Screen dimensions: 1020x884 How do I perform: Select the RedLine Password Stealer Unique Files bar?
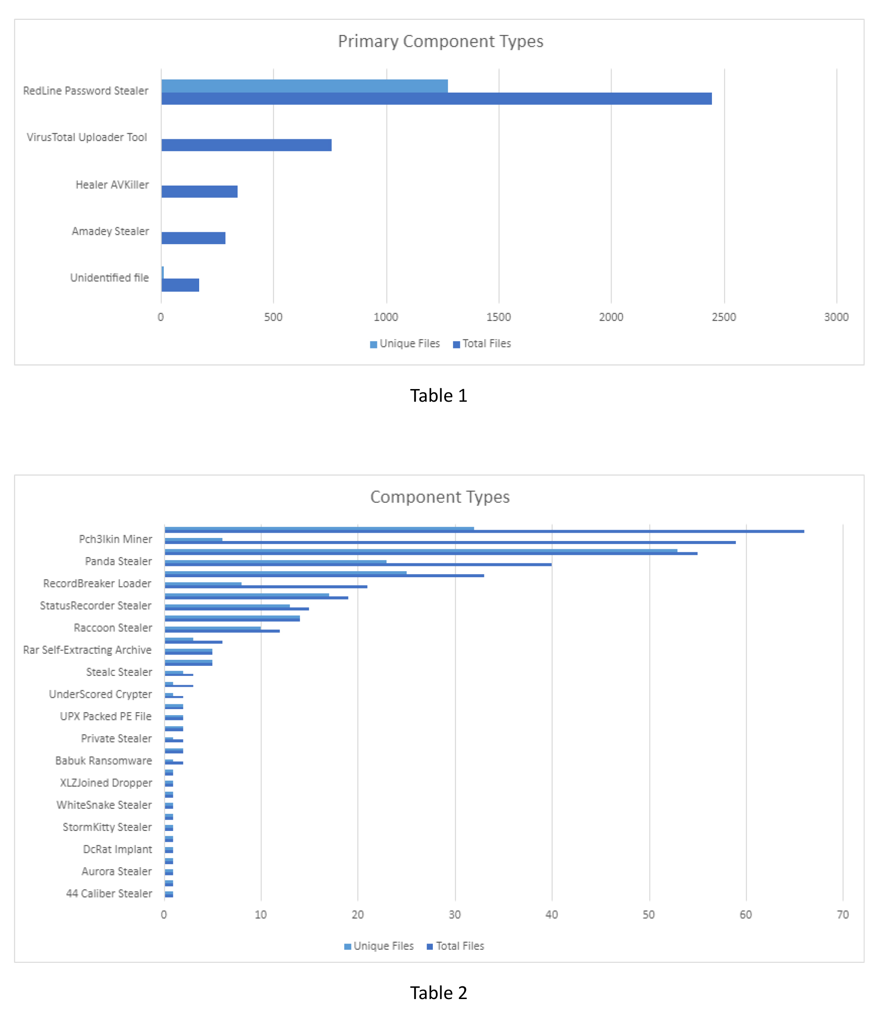tap(304, 86)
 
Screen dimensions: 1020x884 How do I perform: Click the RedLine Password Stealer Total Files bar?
tap(436, 99)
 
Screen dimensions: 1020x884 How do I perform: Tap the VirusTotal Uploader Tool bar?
tap(246, 145)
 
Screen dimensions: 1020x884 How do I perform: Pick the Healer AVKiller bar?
tap(199, 191)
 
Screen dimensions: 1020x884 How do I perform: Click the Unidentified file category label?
tap(109, 278)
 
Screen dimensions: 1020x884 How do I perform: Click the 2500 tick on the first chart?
tap(724, 317)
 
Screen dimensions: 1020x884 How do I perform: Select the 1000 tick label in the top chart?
tap(386, 317)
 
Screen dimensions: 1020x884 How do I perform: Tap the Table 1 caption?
tap(439, 396)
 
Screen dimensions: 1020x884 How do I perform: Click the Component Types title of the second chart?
tap(440, 497)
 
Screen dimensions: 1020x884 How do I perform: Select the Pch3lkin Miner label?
tap(115, 539)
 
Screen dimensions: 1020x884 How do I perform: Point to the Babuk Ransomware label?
tap(104, 761)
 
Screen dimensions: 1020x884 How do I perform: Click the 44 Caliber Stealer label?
tap(109, 893)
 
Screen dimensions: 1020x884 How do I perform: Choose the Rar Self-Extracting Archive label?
tap(87, 650)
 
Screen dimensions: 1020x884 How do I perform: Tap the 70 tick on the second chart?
tap(843, 915)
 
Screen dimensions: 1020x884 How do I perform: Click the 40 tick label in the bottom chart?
tap(552, 915)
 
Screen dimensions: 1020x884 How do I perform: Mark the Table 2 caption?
tap(439, 993)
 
